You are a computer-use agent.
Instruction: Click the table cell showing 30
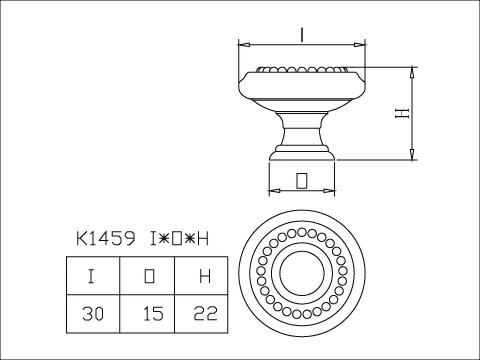click(x=92, y=313)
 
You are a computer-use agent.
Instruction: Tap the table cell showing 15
click(x=147, y=313)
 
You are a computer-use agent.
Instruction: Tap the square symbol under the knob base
click(x=301, y=180)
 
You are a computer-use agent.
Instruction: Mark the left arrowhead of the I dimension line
click(x=241, y=45)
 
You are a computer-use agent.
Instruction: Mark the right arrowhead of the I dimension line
click(x=361, y=45)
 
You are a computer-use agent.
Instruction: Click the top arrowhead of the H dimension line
click(x=412, y=69)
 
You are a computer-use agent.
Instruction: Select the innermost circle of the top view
click(x=301, y=271)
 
